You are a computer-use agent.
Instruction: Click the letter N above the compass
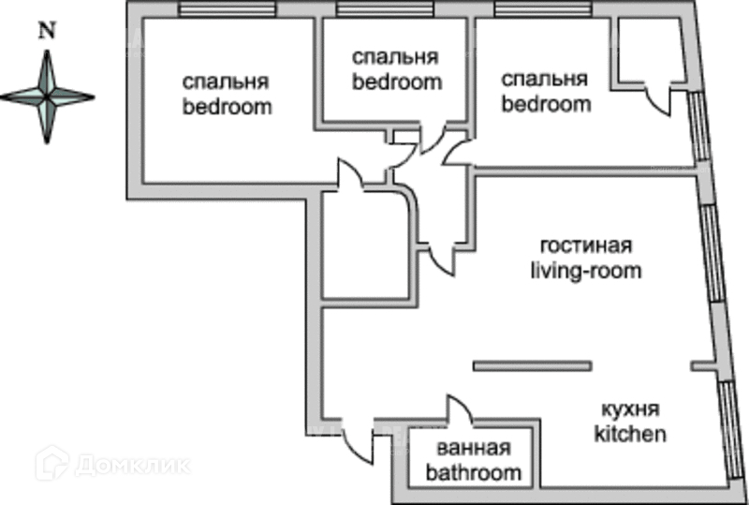pyautogui.click(x=45, y=29)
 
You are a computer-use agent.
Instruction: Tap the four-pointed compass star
pyautogui.click(x=47, y=97)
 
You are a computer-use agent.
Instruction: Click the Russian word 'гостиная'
pyautogui.click(x=586, y=247)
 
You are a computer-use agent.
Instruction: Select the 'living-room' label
pyautogui.click(x=586, y=272)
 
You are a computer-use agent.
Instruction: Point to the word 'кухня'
pyautogui.click(x=631, y=410)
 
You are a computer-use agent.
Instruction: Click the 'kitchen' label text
pyautogui.click(x=631, y=434)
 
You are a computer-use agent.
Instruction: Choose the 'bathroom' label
pyautogui.click(x=473, y=472)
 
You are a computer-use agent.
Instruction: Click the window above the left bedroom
pyautogui.click(x=228, y=11)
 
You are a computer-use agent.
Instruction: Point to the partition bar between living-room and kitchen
pyautogui.click(x=533, y=365)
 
